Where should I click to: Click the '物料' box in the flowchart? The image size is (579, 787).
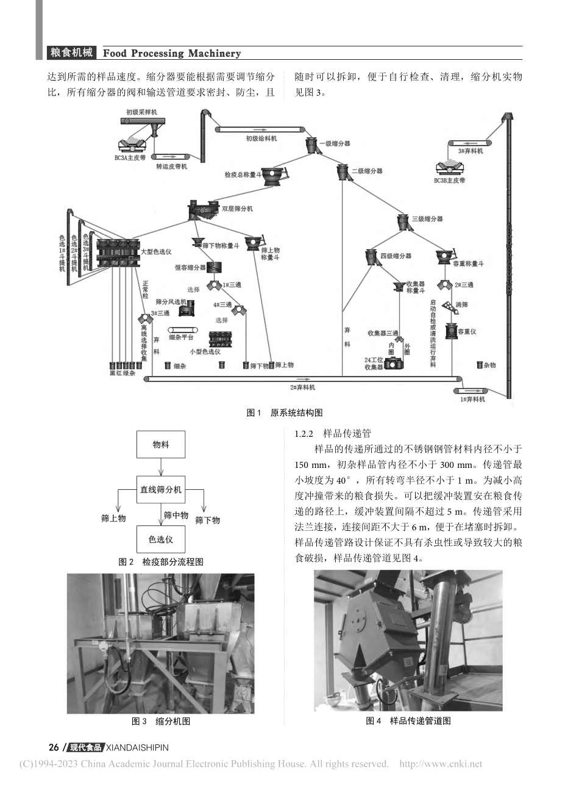(161, 445)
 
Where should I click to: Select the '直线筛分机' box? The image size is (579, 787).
(161, 489)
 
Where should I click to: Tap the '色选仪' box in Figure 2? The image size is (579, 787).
(161, 539)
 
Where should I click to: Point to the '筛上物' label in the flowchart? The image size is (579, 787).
(113, 518)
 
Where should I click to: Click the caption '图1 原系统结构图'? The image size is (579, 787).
(284, 412)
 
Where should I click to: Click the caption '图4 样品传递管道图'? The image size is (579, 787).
(408, 721)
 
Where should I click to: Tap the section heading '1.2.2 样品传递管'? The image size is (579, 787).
(332, 434)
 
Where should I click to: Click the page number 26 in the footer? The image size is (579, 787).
(54, 747)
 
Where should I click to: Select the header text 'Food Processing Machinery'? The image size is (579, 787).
(172, 53)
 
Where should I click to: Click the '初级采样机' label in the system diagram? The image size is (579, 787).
(141, 112)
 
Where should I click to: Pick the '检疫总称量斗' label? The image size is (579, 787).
(242, 174)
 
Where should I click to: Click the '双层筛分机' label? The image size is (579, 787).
(237, 209)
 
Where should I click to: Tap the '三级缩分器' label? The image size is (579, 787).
(427, 218)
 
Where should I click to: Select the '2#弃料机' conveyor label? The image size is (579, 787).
(303, 387)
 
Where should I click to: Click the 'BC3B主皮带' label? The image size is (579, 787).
(449, 181)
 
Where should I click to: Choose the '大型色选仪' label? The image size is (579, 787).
(156, 251)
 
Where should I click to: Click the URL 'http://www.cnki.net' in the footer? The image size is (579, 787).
(440, 764)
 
